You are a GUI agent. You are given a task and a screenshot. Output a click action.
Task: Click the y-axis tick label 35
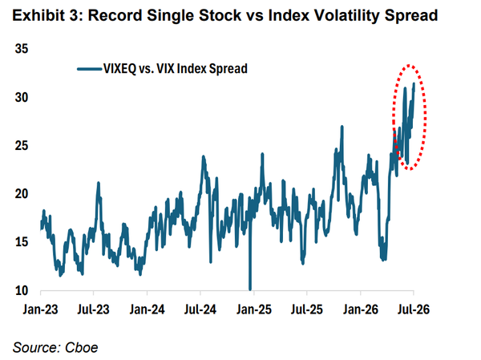[x=22, y=49]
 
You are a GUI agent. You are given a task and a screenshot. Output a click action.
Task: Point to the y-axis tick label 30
[x=22, y=97]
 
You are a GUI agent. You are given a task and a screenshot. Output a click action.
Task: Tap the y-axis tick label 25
[x=22, y=145]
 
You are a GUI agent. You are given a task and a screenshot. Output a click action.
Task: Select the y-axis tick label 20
[x=22, y=194]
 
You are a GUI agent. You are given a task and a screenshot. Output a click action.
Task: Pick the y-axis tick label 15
[x=22, y=242]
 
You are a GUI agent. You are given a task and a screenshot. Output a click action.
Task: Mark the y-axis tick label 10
[x=22, y=290]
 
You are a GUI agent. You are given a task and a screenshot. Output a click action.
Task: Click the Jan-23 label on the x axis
[x=40, y=309]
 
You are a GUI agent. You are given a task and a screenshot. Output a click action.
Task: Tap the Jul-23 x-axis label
[x=93, y=309]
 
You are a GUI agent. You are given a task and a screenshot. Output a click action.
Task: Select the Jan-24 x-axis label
[x=147, y=309]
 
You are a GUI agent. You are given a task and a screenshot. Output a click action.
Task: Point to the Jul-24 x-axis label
[x=200, y=309]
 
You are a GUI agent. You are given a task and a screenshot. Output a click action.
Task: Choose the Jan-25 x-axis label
[x=253, y=309]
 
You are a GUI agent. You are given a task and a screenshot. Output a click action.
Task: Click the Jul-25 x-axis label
[x=307, y=309]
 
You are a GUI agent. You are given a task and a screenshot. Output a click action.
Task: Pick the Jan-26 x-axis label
[x=361, y=309]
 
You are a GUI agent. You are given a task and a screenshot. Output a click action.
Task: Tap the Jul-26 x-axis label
[x=414, y=309]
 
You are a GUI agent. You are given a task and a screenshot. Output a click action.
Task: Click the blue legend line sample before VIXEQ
[x=89, y=69]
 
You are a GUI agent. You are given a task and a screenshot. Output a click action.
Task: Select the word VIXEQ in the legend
[x=119, y=69]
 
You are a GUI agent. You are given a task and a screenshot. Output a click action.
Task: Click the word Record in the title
[x=115, y=16]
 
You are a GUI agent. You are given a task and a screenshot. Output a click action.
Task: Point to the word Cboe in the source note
[x=82, y=347]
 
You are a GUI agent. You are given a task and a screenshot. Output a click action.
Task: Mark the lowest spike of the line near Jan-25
[x=250, y=289]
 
